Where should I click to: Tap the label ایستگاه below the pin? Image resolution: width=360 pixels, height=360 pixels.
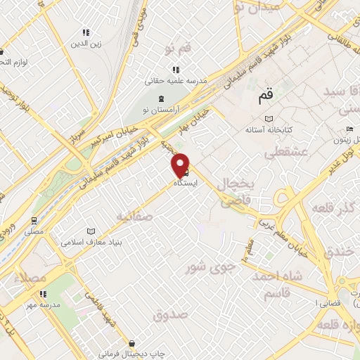click(x=186, y=182)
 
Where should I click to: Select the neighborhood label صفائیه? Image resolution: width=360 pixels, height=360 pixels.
click(x=134, y=216)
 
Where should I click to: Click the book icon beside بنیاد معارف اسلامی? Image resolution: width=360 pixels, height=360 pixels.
click(x=89, y=231)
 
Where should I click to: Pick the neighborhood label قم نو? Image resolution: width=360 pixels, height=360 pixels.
click(x=179, y=49)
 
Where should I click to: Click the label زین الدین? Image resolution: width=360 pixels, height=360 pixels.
click(x=86, y=44)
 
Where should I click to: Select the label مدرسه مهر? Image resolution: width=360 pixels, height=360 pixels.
click(x=41, y=305)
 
